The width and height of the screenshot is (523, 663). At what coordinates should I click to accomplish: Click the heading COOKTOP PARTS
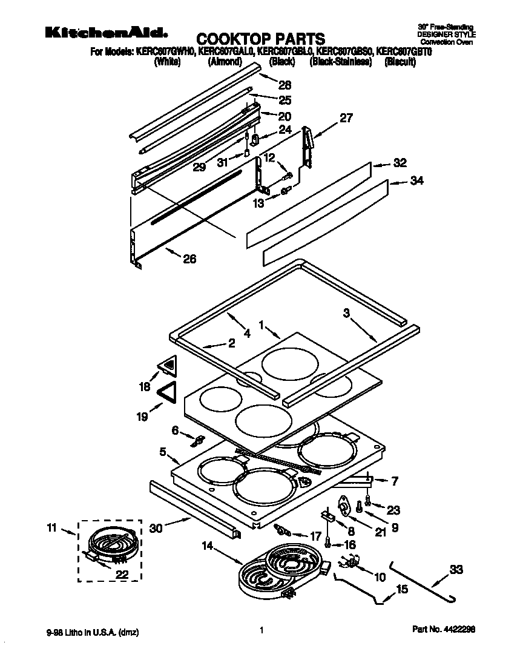click(x=261, y=39)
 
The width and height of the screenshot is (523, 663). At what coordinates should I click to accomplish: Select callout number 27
click(x=346, y=118)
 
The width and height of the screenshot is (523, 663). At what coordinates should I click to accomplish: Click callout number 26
click(x=189, y=260)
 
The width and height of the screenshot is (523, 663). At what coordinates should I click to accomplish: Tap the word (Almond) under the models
click(x=225, y=62)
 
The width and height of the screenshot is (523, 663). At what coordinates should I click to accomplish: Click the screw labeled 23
click(x=367, y=502)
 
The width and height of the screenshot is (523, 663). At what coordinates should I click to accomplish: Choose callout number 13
click(x=259, y=203)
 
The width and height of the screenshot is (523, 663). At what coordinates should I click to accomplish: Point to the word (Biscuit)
click(x=400, y=62)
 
